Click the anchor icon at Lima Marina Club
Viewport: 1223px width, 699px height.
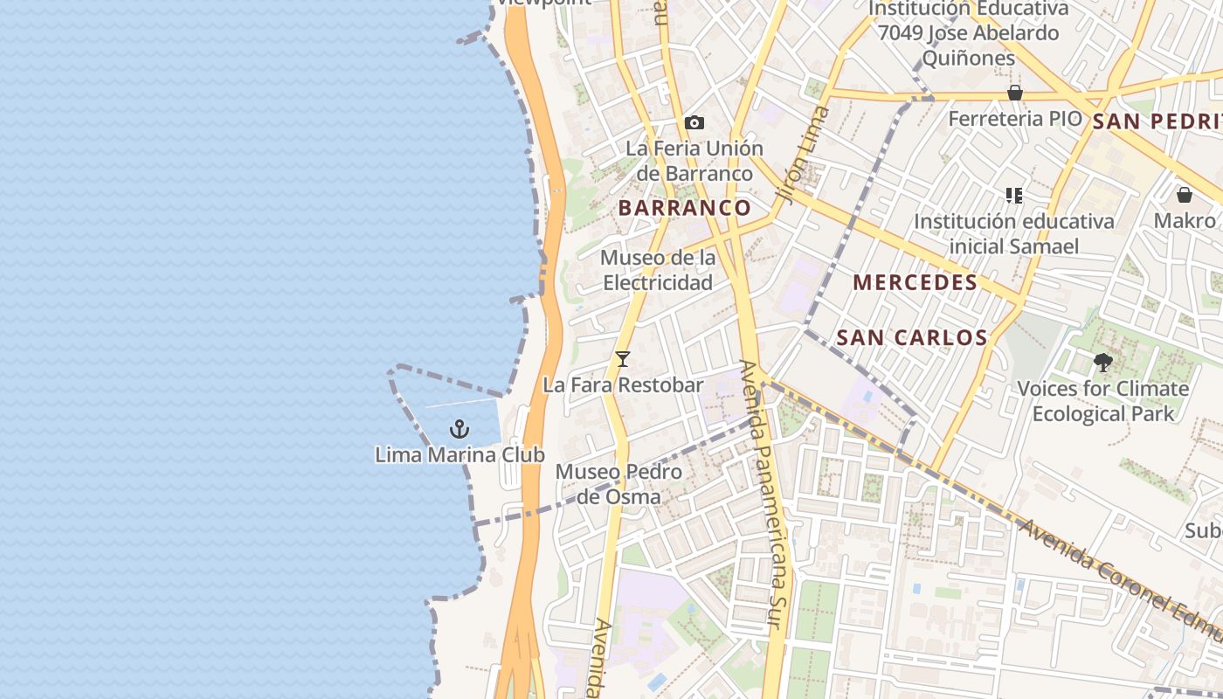click(x=459, y=429)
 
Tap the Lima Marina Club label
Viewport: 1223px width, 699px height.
click(x=459, y=455)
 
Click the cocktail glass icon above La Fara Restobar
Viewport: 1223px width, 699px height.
click(x=623, y=359)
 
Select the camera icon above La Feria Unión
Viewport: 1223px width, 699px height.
click(x=694, y=123)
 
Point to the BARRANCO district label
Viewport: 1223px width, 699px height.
click(x=685, y=208)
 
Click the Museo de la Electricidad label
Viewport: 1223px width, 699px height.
click(x=658, y=270)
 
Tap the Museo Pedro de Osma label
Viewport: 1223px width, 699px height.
click(x=619, y=484)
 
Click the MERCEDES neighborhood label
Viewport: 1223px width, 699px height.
click(x=916, y=282)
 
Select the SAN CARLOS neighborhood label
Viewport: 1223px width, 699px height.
click(x=912, y=337)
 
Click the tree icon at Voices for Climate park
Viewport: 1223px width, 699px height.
click(x=1102, y=362)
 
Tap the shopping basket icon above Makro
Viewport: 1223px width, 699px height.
click(x=1185, y=195)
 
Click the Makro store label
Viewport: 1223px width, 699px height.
click(x=1185, y=220)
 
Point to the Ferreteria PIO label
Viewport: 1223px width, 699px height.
click(x=1014, y=119)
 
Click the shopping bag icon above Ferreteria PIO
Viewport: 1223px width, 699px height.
click(x=1015, y=93)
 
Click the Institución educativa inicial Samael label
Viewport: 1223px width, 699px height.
click(x=1014, y=233)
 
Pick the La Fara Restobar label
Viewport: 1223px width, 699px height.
click(x=623, y=385)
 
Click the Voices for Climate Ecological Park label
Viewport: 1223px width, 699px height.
click(x=1102, y=401)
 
